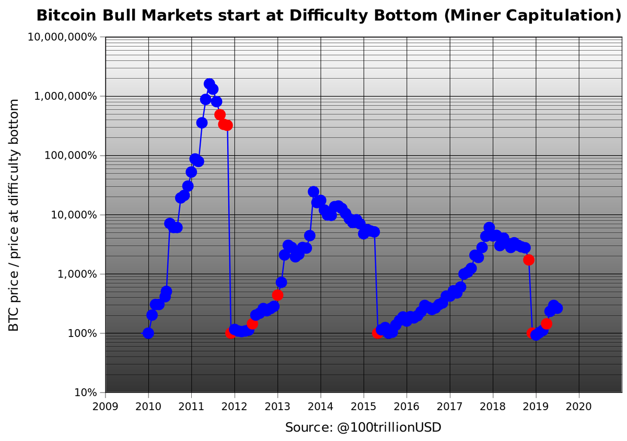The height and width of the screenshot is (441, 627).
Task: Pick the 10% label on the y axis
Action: [85, 392]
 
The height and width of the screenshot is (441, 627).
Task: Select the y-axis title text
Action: [14, 215]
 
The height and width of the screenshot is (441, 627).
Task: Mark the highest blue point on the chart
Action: [209, 84]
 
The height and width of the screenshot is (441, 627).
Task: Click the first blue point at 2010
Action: [148, 333]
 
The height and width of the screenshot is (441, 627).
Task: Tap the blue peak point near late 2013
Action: [313, 192]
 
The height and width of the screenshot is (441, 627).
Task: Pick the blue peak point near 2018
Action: [489, 227]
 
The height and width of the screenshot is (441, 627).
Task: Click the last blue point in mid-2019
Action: [558, 308]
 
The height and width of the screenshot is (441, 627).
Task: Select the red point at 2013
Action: [277, 295]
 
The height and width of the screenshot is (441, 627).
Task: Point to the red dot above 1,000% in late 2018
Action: [529, 260]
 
